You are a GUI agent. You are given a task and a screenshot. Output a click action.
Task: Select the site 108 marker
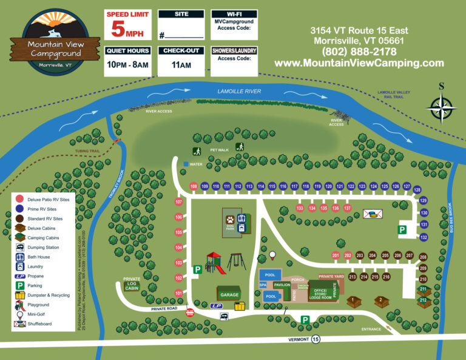pyautogui.click(x=194, y=186)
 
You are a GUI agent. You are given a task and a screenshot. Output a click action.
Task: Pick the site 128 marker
pyautogui.click(x=417, y=190)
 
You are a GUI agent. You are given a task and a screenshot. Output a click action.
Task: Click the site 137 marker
pyautogui.click(x=348, y=208)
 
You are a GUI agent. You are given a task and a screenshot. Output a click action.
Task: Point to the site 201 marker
pyautogui.click(x=336, y=256)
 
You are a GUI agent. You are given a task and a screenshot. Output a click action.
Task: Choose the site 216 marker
pyautogui.click(x=386, y=277)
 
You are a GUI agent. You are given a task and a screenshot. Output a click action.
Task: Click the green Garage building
pyautogui.click(x=229, y=294)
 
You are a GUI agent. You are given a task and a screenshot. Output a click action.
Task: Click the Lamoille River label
pyautogui.click(x=239, y=92)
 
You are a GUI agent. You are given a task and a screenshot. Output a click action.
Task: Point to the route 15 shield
pyautogui.click(x=316, y=340)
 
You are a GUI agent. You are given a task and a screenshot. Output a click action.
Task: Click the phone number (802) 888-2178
pyautogui.click(x=359, y=52)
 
